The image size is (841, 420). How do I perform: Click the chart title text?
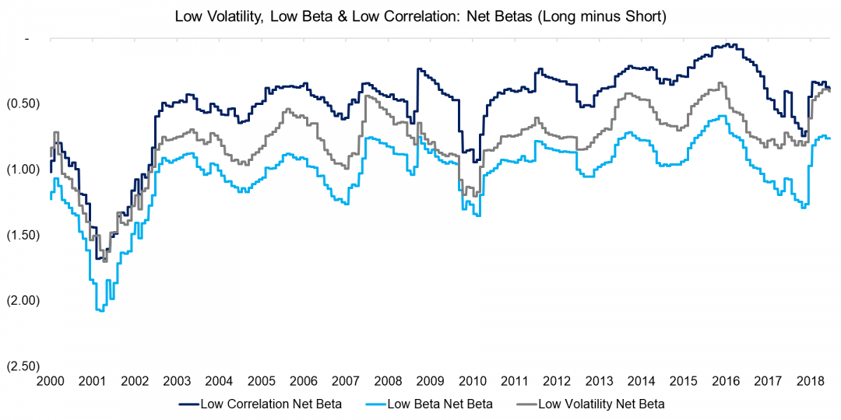coord(420,16)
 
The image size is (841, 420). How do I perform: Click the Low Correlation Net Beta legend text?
coord(270,404)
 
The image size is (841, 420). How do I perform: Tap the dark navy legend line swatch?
coord(188,404)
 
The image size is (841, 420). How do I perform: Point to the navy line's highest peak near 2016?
coord(726,44)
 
